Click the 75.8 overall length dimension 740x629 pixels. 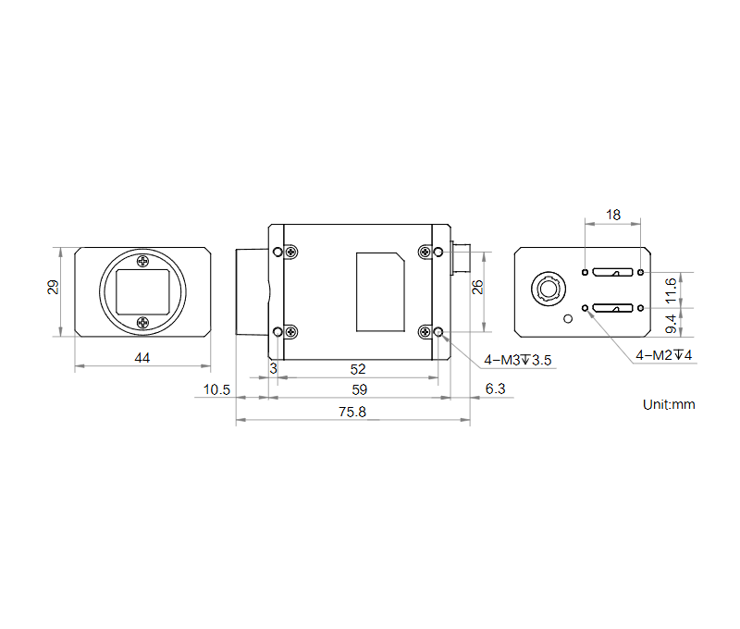tap(352, 412)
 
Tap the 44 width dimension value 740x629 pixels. tap(142, 358)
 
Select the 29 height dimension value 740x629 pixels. tap(53, 287)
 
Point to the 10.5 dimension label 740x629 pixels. tap(216, 389)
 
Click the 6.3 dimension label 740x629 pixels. tap(495, 388)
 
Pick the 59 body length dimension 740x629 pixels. tap(359, 389)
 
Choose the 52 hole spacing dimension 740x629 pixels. tap(358, 369)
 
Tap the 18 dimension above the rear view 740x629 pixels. tap(613, 216)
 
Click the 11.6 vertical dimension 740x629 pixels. tap(671, 290)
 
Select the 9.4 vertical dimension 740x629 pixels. tap(671, 324)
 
